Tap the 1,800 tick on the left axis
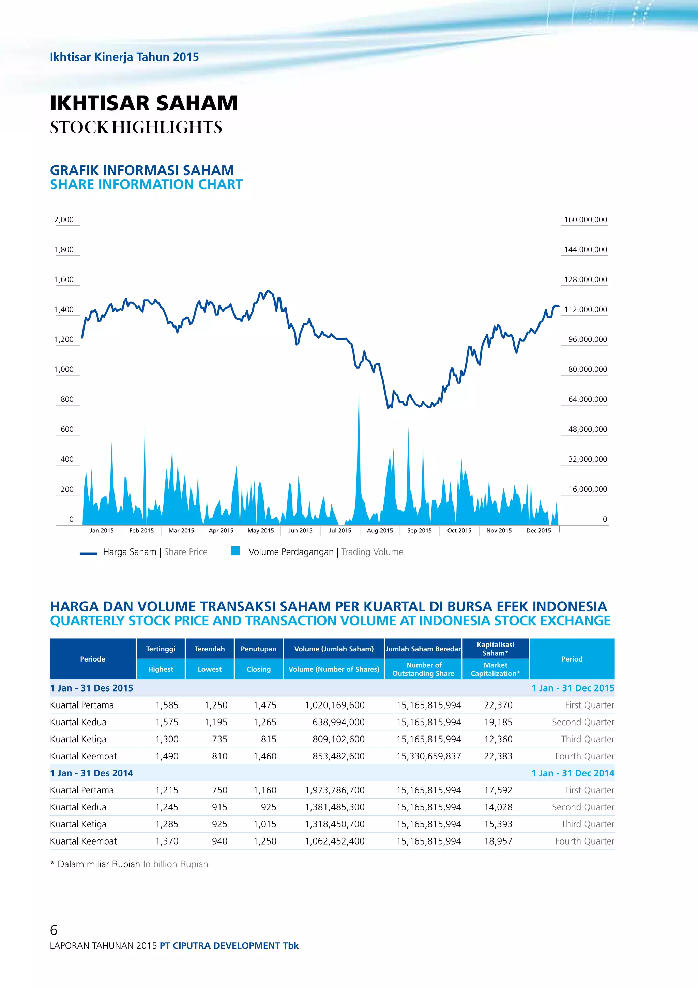[64, 250]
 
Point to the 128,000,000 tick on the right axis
[586, 280]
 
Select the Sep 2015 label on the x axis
[420, 530]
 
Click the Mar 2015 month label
[181, 530]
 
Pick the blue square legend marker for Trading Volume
[235, 551]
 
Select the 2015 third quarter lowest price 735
[219, 739]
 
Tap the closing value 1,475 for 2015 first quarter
[265, 705]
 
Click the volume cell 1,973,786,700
[335, 790]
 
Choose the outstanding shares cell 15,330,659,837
[428, 756]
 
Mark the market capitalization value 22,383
[498, 756]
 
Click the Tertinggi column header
[160, 649]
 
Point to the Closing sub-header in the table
[258, 669]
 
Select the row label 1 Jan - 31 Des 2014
[92, 773]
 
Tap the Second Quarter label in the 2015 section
[583, 722]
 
